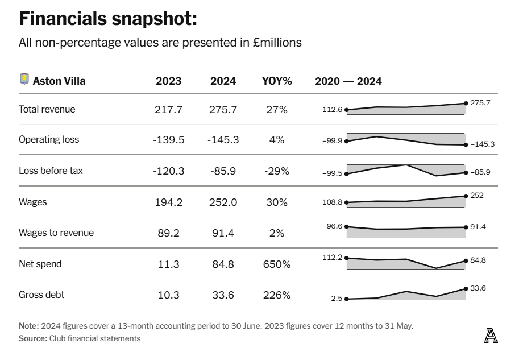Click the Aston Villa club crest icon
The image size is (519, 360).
point(24,79)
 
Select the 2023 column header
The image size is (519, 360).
point(169,81)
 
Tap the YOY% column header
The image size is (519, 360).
point(277,81)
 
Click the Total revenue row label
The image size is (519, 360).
point(47,109)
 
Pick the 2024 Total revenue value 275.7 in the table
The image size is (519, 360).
point(223,109)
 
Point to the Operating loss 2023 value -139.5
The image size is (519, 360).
point(169,140)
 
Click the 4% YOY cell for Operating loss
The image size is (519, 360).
point(277,140)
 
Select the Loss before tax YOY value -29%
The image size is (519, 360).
point(277,171)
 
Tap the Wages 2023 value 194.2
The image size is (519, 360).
point(169,202)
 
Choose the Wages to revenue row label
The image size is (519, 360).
point(56,233)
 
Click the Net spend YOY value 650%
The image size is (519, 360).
point(277,264)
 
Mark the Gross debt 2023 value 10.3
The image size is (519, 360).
point(169,295)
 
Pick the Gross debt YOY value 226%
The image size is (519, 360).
point(277,295)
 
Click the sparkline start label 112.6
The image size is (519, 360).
point(333,110)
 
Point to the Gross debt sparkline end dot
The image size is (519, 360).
point(466,289)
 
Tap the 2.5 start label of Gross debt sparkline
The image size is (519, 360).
point(337,298)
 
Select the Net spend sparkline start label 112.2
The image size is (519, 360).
point(333,257)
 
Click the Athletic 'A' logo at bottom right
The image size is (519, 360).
point(491,336)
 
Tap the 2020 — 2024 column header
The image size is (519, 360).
point(348,81)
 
